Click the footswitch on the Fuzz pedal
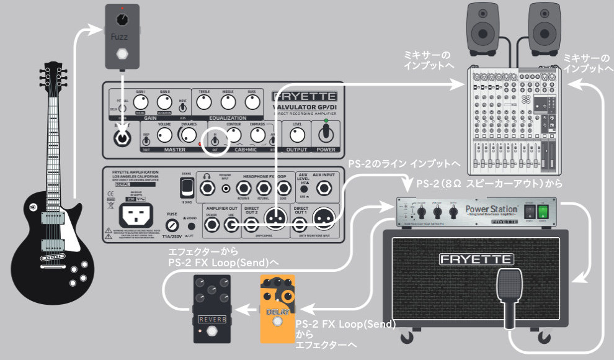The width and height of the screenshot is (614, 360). click(x=122, y=53)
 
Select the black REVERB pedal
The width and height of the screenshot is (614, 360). click(x=208, y=312)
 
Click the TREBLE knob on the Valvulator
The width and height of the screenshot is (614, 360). click(x=204, y=103)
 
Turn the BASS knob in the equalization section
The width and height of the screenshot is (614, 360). click(x=252, y=103)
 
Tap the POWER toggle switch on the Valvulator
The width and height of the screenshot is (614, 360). click(x=325, y=133)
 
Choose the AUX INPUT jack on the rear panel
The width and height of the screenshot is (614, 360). click(x=323, y=188)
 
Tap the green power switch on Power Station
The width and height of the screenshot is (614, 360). click(x=543, y=212)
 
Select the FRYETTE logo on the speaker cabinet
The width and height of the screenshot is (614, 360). click(x=476, y=258)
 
